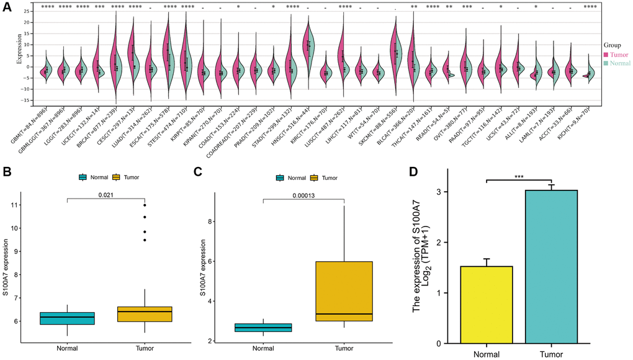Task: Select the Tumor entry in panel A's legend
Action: pos(617,55)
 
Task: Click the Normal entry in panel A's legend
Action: pos(619,63)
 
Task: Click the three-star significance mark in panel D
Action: pos(519,176)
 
